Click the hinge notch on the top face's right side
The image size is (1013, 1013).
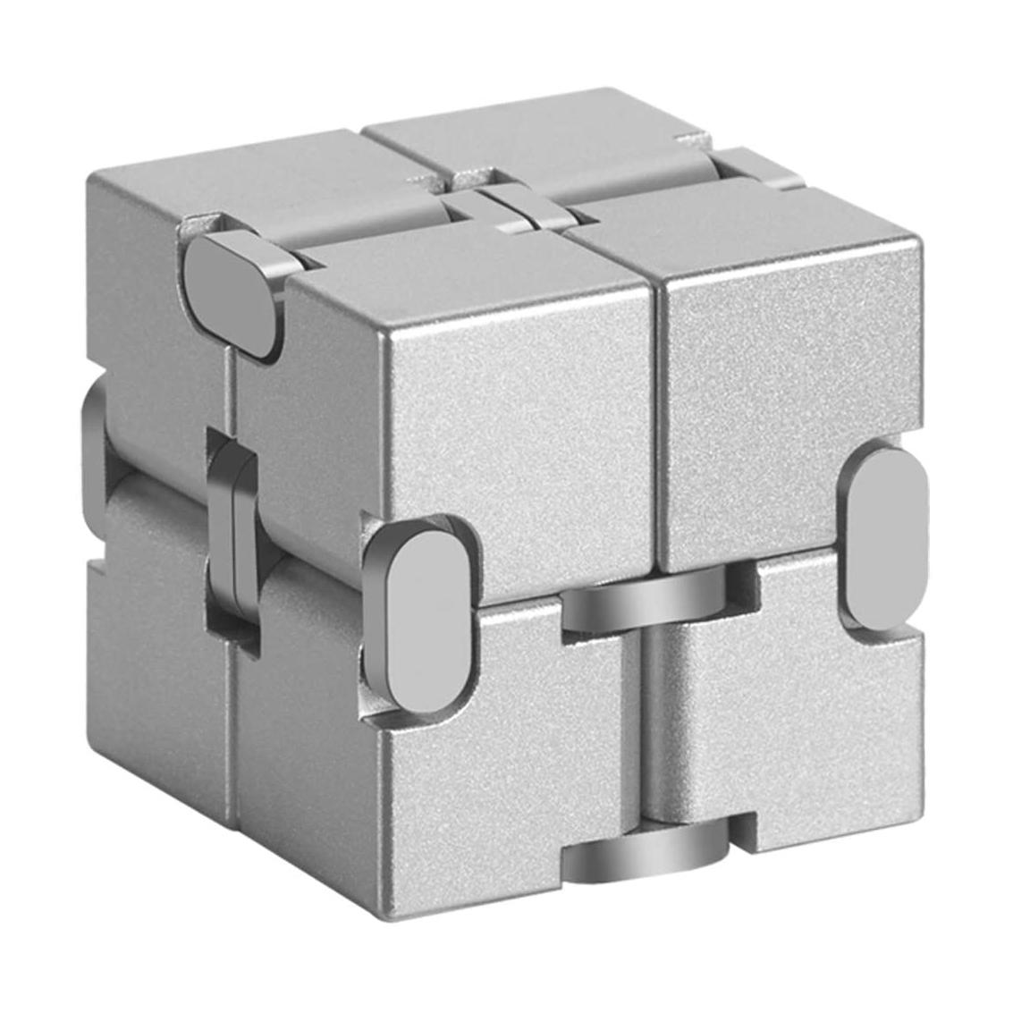(x=760, y=165)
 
